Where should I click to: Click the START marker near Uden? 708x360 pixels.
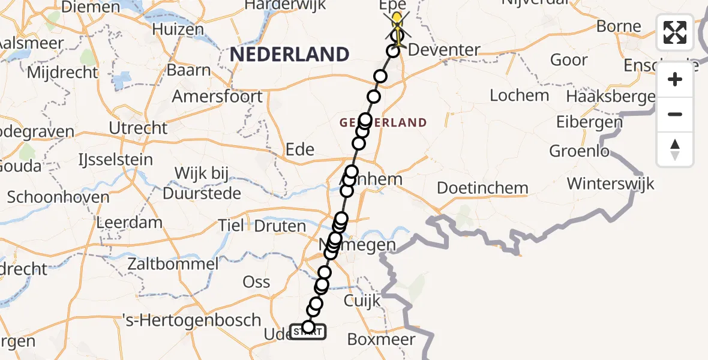click(308, 331)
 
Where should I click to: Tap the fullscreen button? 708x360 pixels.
click(675, 32)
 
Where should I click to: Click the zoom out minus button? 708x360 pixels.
click(675, 114)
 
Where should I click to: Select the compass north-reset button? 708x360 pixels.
click(675, 149)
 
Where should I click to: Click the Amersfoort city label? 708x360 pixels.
click(217, 96)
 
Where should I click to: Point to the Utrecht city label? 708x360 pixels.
click(138, 128)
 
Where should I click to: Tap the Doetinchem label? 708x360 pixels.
click(482, 188)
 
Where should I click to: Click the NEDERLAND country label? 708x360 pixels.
click(289, 55)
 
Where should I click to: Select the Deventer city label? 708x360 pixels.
click(444, 50)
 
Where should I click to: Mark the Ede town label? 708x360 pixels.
click(300, 149)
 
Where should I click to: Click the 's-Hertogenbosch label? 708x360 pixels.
click(192, 320)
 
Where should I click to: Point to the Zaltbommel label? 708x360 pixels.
click(173, 263)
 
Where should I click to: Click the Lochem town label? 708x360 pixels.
click(519, 95)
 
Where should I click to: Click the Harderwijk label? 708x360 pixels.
click(285, 5)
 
